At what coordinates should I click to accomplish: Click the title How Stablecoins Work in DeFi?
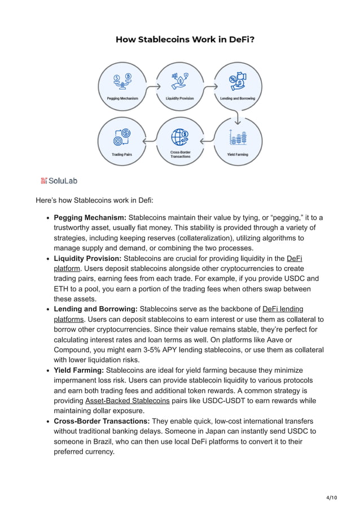(180, 40)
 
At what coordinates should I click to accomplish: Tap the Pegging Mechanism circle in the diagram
(123, 85)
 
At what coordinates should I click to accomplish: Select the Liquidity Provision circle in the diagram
(179, 85)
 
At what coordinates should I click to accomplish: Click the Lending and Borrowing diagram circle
(237, 85)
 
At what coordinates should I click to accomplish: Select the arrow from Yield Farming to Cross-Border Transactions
(209, 137)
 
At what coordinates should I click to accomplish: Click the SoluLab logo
(59, 181)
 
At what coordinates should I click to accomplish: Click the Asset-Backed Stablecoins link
(127, 400)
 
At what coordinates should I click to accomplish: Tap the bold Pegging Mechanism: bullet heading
(90, 217)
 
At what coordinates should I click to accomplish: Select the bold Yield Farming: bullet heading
(79, 370)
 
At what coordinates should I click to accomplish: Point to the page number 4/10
(331, 497)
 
